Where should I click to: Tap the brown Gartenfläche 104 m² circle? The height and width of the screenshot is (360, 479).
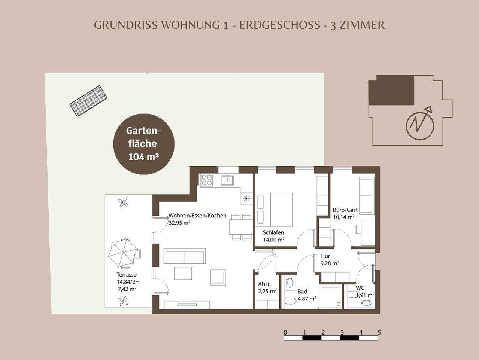click(144, 144)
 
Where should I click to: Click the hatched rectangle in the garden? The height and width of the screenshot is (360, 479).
click(88, 101)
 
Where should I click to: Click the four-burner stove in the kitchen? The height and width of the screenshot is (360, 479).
click(207, 181)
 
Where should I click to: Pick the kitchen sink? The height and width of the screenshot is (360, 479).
click(227, 180)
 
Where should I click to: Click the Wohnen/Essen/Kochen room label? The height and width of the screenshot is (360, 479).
click(197, 216)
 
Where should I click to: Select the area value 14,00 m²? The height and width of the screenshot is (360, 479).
click(273, 240)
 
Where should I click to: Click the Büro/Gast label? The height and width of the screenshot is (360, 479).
click(345, 210)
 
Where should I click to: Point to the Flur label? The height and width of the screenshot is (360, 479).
click(325, 256)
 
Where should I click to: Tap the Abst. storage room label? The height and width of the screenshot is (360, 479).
click(264, 284)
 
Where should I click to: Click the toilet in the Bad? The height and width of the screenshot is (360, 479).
click(289, 301)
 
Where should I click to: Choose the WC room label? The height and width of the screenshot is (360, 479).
click(360, 288)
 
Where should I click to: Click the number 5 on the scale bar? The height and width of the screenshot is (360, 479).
click(379, 332)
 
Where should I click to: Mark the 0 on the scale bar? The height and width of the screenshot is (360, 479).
click(285, 332)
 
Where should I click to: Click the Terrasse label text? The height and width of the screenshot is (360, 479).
click(126, 275)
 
